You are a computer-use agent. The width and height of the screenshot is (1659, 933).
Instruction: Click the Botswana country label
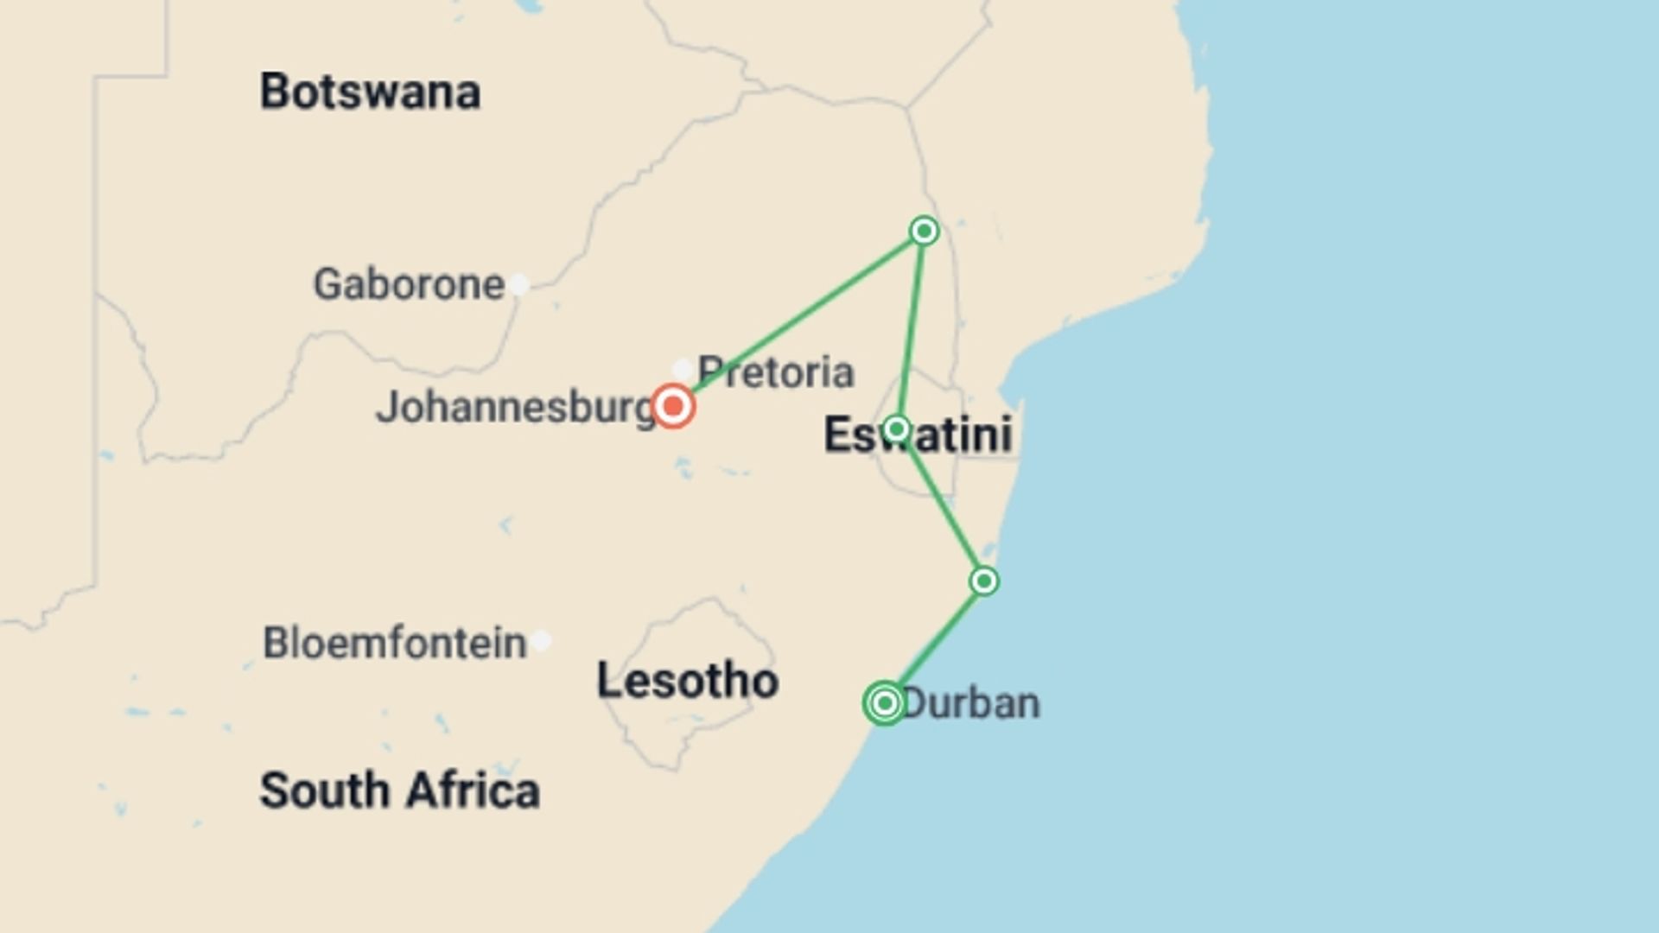click(370, 92)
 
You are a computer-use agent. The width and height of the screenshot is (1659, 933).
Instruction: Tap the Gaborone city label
click(408, 284)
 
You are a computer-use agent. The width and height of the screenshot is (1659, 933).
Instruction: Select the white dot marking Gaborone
click(518, 284)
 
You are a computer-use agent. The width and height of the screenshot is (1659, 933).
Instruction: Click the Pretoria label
click(776, 372)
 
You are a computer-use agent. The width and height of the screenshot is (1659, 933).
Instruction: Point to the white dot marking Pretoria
click(683, 369)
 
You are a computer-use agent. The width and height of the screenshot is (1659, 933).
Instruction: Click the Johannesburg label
click(515, 408)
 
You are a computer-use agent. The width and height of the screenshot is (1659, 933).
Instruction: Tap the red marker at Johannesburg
click(673, 406)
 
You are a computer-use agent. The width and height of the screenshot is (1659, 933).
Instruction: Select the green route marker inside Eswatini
click(896, 428)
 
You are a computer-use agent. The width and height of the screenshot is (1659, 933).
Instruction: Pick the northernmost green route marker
click(925, 231)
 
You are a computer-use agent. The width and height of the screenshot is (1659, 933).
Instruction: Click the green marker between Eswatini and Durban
click(984, 581)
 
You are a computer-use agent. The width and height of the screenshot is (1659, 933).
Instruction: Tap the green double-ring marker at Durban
click(884, 703)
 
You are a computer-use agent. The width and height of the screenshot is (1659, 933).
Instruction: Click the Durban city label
click(971, 703)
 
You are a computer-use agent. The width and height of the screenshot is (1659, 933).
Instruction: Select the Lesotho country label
click(688, 681)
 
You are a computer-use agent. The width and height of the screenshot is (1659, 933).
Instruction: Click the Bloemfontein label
click(394, 643)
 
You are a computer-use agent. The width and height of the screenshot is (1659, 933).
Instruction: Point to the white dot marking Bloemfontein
click(542, 641)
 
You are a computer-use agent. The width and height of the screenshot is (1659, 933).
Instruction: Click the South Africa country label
click(399, 790)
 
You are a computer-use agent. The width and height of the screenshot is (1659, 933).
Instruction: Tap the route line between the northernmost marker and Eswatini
click(911, 328)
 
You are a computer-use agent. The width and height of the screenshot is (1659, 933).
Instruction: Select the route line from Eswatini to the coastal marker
click(940, 505)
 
